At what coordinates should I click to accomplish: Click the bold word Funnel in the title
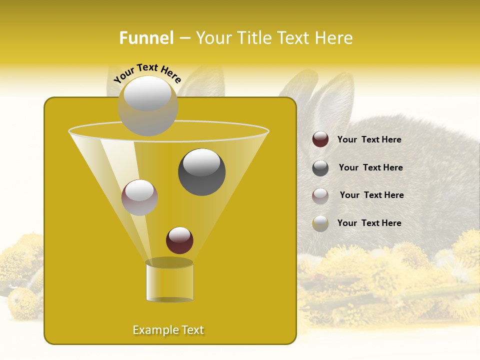[146, 38]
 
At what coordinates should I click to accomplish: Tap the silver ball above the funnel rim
[147, 105]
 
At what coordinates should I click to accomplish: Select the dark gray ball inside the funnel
[201, 171]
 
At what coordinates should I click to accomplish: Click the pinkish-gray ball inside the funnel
[139, 197]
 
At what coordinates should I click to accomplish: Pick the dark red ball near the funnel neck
[179, 240]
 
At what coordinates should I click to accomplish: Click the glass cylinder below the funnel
[169, 281]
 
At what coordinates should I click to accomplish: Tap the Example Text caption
[168, 330]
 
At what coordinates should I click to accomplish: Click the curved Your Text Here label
[147, 73]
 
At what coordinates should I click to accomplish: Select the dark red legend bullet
[320, 139]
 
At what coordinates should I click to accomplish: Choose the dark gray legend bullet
[320, 168]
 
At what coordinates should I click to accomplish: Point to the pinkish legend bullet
[320, 195]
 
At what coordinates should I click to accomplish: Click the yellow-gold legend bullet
[320, 223]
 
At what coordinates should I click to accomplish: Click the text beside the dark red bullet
[369, 139]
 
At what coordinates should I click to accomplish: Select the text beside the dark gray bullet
[370, 167]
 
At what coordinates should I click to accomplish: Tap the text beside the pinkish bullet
[371, 195]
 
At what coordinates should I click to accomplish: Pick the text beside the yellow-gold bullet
[369, 223]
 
